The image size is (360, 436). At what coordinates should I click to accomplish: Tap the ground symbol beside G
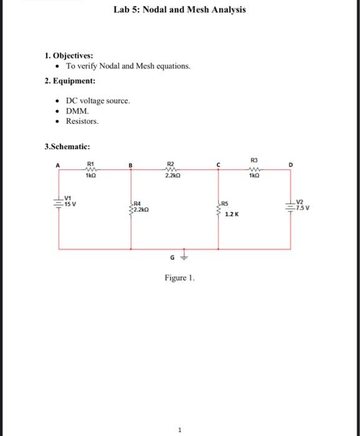tap(184, 256)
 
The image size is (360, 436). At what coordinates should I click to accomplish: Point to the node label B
tap(131, 166)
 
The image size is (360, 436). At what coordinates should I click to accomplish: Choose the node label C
tap(218, 165)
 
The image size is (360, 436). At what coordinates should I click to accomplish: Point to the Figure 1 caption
tap(179, 278)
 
